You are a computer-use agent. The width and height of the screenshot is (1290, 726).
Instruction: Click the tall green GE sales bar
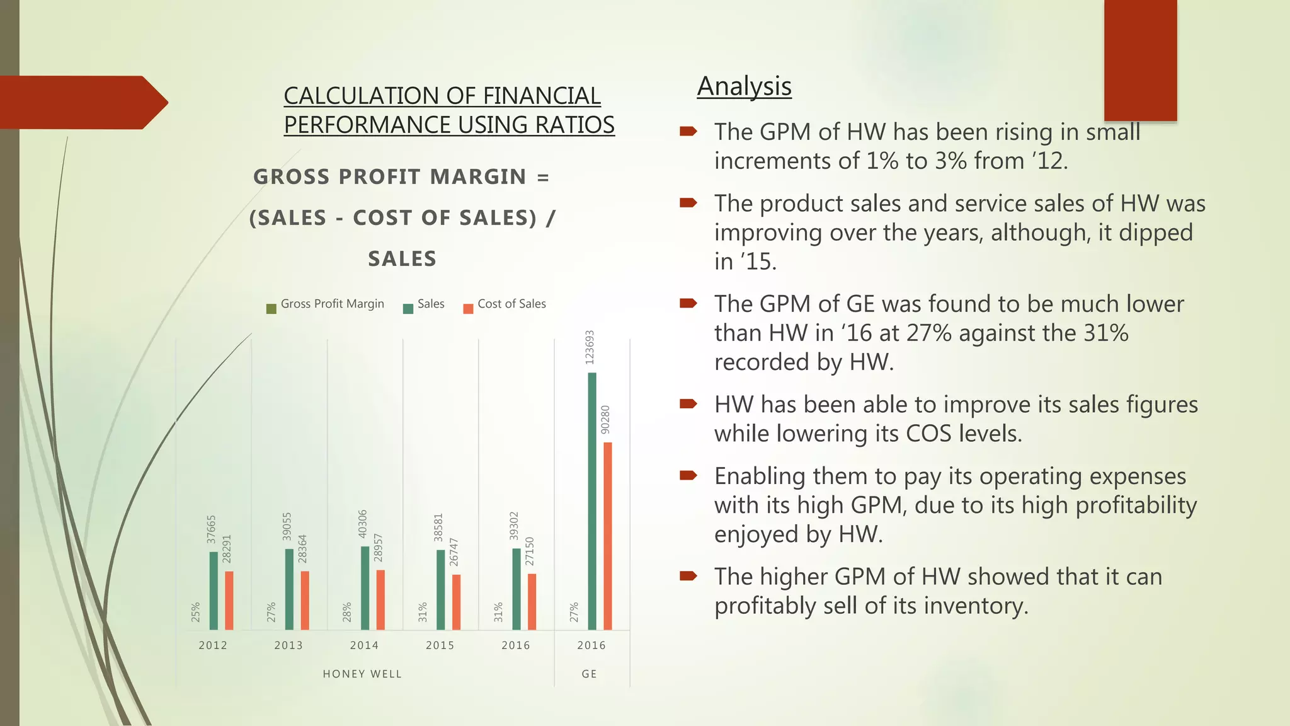click(x=591, y=501)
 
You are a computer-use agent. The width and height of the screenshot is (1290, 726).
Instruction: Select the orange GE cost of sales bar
click(x=607, y=536)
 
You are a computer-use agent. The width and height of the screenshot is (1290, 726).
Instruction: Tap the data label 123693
click(x=590, y=347)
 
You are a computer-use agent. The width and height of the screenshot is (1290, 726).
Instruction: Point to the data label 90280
click(x=605, y=420)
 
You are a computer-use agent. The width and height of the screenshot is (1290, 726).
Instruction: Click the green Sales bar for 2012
click(x=214, y=591)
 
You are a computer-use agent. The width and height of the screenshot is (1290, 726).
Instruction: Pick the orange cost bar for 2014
click(x=380, y=599)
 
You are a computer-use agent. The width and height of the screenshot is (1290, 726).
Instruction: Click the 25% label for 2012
click(x=195, y=612)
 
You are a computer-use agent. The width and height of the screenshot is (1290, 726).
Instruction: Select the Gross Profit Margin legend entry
click(x=325, y=304)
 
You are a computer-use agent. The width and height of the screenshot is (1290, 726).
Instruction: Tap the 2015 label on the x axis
click(x=440, y=645)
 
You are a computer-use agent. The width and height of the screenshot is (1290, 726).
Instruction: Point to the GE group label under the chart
click(x=590, y=674)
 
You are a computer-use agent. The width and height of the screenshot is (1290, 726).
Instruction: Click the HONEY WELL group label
click(x=362, y=674)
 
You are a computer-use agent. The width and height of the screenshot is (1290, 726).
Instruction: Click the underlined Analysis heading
click(x=744, y=86)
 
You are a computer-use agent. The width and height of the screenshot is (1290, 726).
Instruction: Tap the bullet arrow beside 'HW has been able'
click(x=688, y=404)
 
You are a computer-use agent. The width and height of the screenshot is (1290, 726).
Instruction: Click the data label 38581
click(x=438, y=527)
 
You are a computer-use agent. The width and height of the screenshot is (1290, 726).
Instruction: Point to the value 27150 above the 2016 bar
click(x=530, y=551)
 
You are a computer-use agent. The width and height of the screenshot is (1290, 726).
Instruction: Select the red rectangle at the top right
click(x=1140, y=60)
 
